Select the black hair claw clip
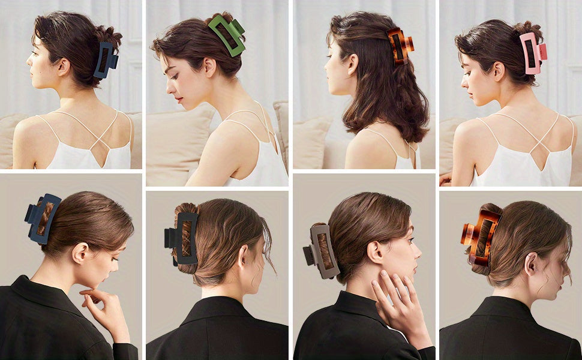[182, 238]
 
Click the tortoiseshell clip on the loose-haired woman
[399, 46]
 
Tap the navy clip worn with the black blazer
[43, 218]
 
